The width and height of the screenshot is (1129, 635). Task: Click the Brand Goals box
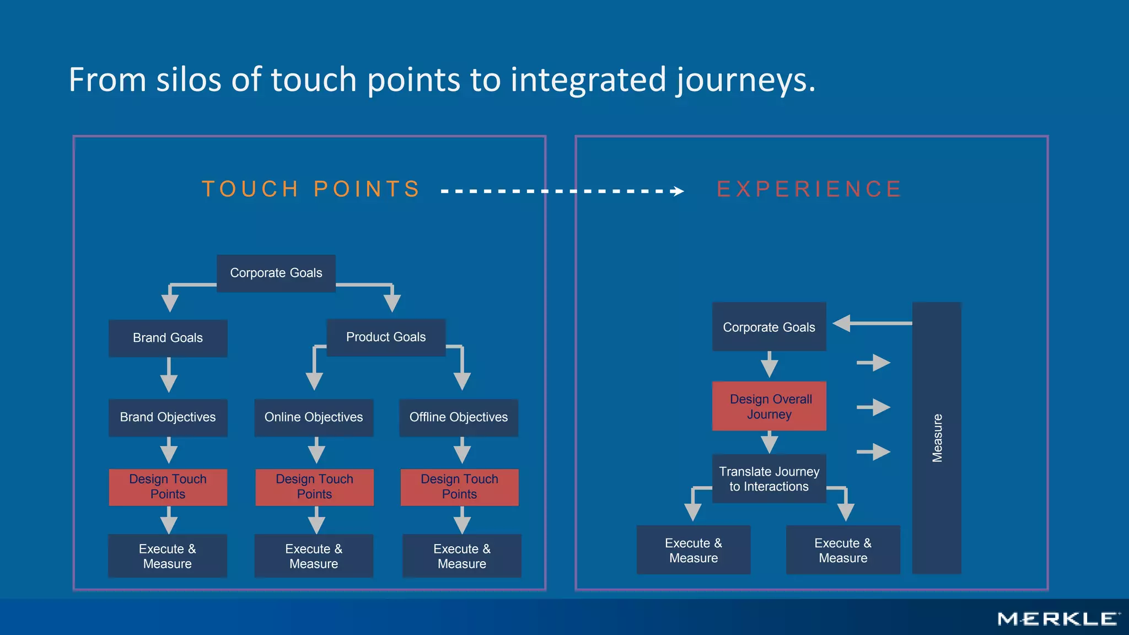click(x=168, y=338)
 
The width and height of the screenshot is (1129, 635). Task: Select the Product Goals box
click(x=386, y=337)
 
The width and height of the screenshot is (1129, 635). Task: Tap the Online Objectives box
click(x=314, y=417)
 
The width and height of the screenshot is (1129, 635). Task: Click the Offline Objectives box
click(x=459, y=417)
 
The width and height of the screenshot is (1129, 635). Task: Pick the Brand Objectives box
click(x=168, y=417)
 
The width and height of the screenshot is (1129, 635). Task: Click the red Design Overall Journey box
click(x=769, y=406)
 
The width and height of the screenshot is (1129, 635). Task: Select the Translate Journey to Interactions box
click(x=769, y=478)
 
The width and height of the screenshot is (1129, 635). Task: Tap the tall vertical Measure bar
click(x=937, y=438)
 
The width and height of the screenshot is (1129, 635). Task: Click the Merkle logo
click(x=1058, y=619)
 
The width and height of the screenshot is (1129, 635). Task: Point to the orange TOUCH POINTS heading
click(x=311, y=189)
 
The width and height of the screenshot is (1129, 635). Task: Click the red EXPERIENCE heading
click(x=809, y=189)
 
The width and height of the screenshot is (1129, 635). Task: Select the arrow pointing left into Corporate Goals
click(x=871, y=324)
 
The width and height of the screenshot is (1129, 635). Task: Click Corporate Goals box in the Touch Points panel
click(x=276, y=273)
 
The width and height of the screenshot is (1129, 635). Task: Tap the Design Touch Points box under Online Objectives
click(x=314, y=487)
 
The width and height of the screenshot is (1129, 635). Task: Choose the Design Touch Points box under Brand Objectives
click(x=168, y=487)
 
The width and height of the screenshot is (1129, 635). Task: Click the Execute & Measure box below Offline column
click(x=462, y=556)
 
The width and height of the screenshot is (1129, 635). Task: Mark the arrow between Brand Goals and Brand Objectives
click(x=169, y=376)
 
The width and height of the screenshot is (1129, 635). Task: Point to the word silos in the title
click(x=189, y=80)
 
